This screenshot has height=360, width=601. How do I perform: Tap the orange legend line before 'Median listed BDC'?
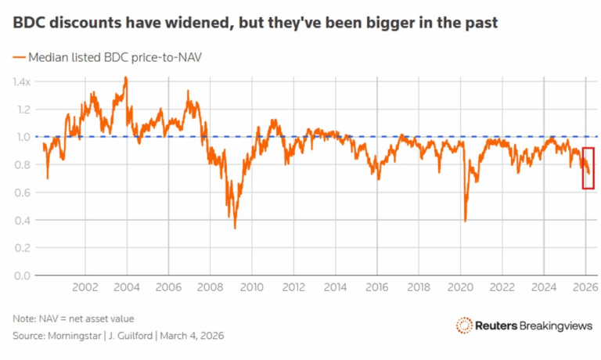(19, 58)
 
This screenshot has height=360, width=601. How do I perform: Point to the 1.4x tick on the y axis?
(21, 81)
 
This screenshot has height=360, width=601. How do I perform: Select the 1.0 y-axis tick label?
(21, 137)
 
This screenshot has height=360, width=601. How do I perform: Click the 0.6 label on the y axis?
(21, 193)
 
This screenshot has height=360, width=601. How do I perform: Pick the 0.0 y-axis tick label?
(21, 275)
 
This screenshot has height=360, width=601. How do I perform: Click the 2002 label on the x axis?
(85, 287)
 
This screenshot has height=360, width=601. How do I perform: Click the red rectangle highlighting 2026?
(588, 167)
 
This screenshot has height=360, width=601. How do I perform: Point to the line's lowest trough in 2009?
(235, 228)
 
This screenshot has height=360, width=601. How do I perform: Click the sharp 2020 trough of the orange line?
(466, 221)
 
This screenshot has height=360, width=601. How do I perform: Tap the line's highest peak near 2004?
(125, 77)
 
